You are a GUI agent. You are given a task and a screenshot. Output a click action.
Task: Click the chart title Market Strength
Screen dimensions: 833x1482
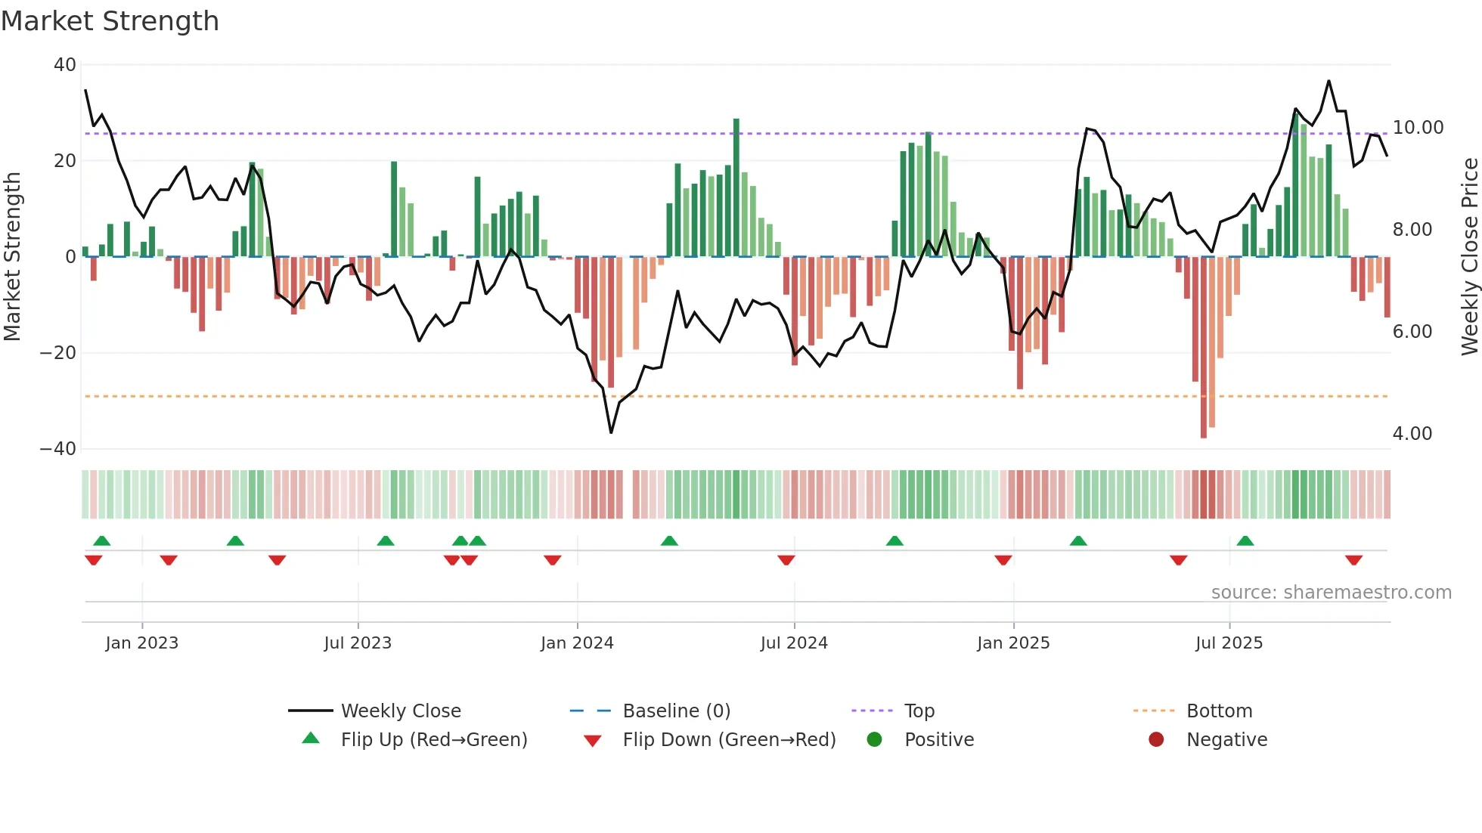click(x=110, y=21)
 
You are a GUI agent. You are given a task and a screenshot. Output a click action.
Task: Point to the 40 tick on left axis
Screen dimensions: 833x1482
click(x=65, y=65)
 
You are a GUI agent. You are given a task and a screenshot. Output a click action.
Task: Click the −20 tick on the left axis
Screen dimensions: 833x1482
click(x=58, y=353)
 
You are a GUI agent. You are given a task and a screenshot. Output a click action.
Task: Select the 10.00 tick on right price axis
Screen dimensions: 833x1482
click(x=1418, y=128)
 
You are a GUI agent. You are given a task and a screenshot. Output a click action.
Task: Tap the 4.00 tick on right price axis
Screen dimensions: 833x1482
click(x=1412, y=434)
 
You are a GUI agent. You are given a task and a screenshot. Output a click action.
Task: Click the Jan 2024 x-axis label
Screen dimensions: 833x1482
click(x=577, y=643)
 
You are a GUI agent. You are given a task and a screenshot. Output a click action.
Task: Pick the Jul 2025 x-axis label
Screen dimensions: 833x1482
click(x=1229, y=643)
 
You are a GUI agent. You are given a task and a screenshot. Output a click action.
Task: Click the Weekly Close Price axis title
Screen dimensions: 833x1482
click(x=1469, y=257)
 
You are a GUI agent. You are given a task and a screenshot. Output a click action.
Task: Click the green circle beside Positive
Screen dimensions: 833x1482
click(x=875, y=740)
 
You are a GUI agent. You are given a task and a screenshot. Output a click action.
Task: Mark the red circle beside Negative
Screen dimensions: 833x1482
click(x=1156, y=740)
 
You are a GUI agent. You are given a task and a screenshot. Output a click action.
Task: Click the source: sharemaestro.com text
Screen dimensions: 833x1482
click(x=1331, y=593)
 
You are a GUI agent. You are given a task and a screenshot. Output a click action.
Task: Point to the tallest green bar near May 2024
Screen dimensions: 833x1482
click(x=736, y=189)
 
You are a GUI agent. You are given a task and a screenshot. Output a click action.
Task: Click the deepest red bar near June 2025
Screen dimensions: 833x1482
click(x=1204, y=348)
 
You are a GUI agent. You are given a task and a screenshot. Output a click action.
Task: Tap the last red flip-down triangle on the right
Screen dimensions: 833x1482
click(x=1353, y=560)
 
